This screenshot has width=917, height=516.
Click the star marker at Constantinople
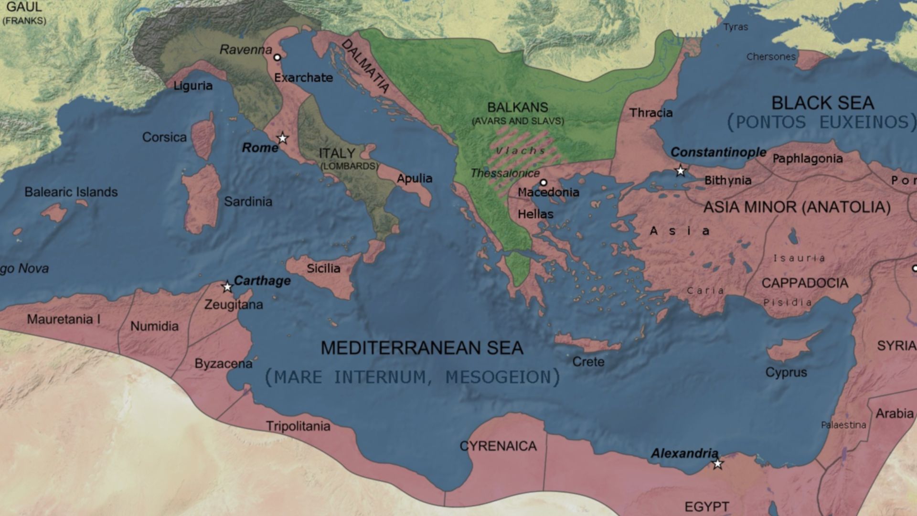680,171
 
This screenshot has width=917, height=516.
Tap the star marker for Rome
283,139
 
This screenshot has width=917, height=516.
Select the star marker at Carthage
227,287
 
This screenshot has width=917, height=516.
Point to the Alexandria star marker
717,464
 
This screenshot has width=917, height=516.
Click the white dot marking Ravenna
277,57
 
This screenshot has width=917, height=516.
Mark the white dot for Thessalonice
543,183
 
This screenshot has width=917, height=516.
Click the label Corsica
164,137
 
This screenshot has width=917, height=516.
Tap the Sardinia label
248,202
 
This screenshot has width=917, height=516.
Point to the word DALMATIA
365,66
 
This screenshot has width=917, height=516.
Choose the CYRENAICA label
498,446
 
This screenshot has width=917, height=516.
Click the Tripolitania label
298,426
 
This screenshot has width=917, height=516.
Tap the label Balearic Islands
71,192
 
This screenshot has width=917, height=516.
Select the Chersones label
771,57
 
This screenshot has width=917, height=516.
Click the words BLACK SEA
822,103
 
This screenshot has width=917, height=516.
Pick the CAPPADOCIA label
804,283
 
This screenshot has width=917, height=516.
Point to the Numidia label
154,326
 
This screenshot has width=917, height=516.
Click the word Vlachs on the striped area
521,151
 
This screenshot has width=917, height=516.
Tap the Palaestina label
843,425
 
